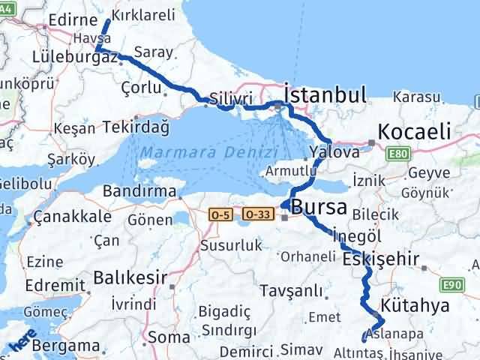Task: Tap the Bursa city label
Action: coord(319,207)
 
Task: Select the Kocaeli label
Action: coord(415,132)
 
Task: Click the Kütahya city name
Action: coord(415,305)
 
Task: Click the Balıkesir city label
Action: coord(130,277)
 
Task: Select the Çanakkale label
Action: coord(73,217)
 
